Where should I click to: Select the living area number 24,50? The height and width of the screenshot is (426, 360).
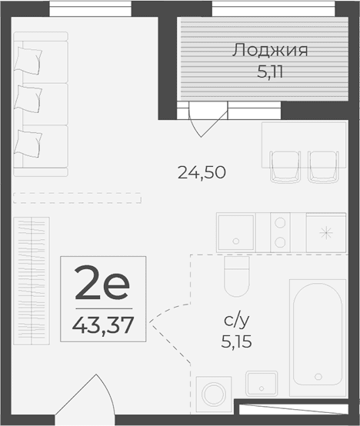pyautogui.click(x=202, y=173)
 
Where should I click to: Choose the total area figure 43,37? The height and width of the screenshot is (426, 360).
pyautogui.click(x=103, y=321)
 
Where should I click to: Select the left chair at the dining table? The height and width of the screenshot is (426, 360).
pyautogui.click(x=285, y=165)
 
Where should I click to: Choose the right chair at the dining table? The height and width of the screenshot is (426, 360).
pyautogui.click(x=322, y=165)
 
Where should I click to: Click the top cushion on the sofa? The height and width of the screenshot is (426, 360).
pyautogui.click(x=32, y=57)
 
